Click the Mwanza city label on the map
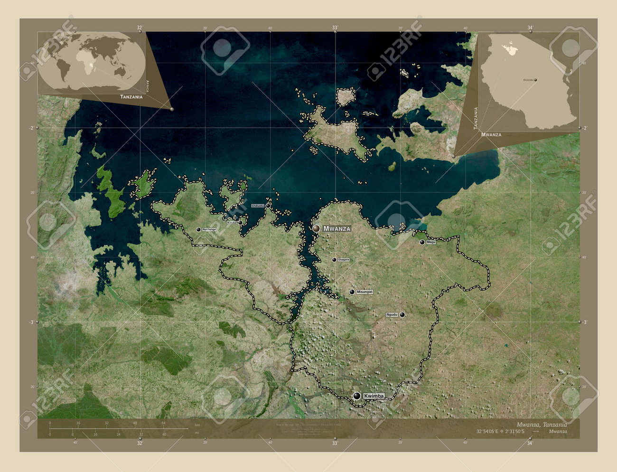tap(337, 228)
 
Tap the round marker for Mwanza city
tap(316, 228)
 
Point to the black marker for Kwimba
tap(356, 396)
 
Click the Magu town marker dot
tap(422, 242)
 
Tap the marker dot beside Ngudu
tap(402, 314)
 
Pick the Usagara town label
tap(344, 260)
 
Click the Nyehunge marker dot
tap(198, 229)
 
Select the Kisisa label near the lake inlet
tap(232, 222)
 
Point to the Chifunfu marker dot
tap(268, 206)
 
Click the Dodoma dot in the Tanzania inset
tap(536, 80)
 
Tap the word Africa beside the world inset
tap(148, 85)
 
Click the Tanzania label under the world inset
tap(131, 97)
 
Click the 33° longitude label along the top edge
tap(335, 28)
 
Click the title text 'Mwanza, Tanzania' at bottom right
tap(541, 424)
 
